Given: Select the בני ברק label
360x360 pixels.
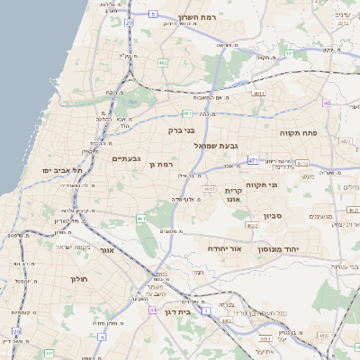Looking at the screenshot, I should pos(182,130).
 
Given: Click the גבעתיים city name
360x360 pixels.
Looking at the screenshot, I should pos(126,158).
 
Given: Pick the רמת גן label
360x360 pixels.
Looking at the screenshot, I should pos(162,165).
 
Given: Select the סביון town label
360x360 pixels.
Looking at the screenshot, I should pos(274,217).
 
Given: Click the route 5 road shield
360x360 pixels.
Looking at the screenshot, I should pos(154,13).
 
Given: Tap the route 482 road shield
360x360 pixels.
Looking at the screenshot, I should pos(163,63).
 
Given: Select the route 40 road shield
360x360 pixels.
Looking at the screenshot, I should pos(326,103).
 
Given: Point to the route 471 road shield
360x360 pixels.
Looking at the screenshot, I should pos(254,161).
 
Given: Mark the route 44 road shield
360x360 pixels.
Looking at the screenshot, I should pos(153,310).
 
